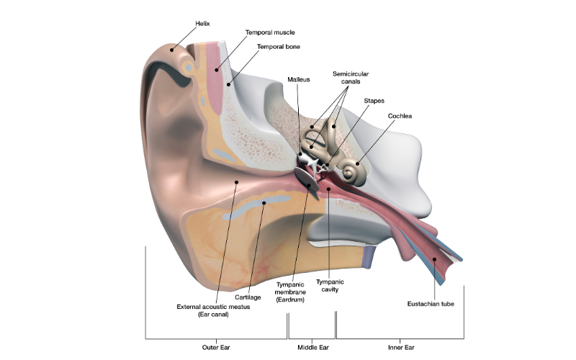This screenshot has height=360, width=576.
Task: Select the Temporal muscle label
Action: [270, 32]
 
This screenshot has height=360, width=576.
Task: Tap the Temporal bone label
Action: [279, 47]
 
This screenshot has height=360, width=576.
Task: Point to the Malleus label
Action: [298, 79]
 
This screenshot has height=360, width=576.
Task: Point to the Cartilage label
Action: [247, 297]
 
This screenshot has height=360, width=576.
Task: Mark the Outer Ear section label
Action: [216, 348]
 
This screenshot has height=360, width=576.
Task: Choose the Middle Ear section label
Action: [313, 348]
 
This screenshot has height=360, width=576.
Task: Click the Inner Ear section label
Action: [400, 348]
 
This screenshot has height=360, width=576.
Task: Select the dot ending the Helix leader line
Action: [172, 50]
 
